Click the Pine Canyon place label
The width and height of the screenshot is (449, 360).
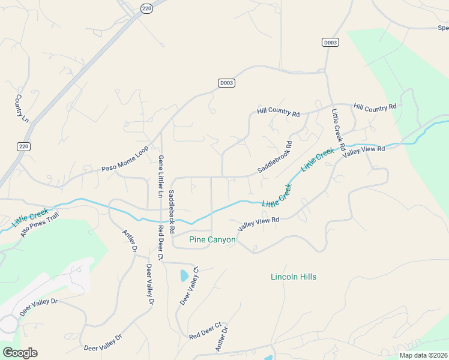coord(212,239)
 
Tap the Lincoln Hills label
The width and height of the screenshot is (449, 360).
coord(294,277)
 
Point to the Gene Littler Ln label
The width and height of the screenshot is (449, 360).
coord(160,176)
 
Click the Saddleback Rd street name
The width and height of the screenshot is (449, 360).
coord(171,211)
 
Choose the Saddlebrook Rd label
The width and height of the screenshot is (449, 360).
coord(274,157)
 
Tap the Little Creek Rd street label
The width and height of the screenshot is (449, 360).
coord(338,128)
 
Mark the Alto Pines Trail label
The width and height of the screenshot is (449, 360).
coord(40,224)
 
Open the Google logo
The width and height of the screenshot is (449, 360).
coord(19,352)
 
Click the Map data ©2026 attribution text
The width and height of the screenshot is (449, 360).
coord(423,355)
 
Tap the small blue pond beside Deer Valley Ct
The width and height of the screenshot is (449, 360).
coord(184,276)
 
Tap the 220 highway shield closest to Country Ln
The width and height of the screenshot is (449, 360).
coord(23,146)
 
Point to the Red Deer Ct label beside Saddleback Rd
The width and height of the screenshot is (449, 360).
coord(160,242)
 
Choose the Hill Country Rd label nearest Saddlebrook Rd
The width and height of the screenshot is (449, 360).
coord(278,112)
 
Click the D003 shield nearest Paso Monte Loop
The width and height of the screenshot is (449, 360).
coord(226,83)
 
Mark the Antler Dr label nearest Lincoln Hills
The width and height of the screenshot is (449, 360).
coord(221,339)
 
